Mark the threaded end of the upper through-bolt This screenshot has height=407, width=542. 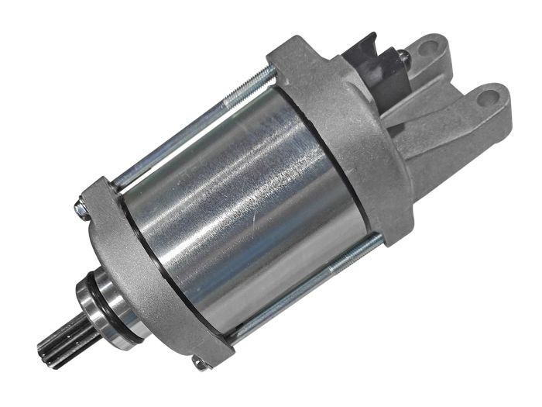click(x=256, y=77)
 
